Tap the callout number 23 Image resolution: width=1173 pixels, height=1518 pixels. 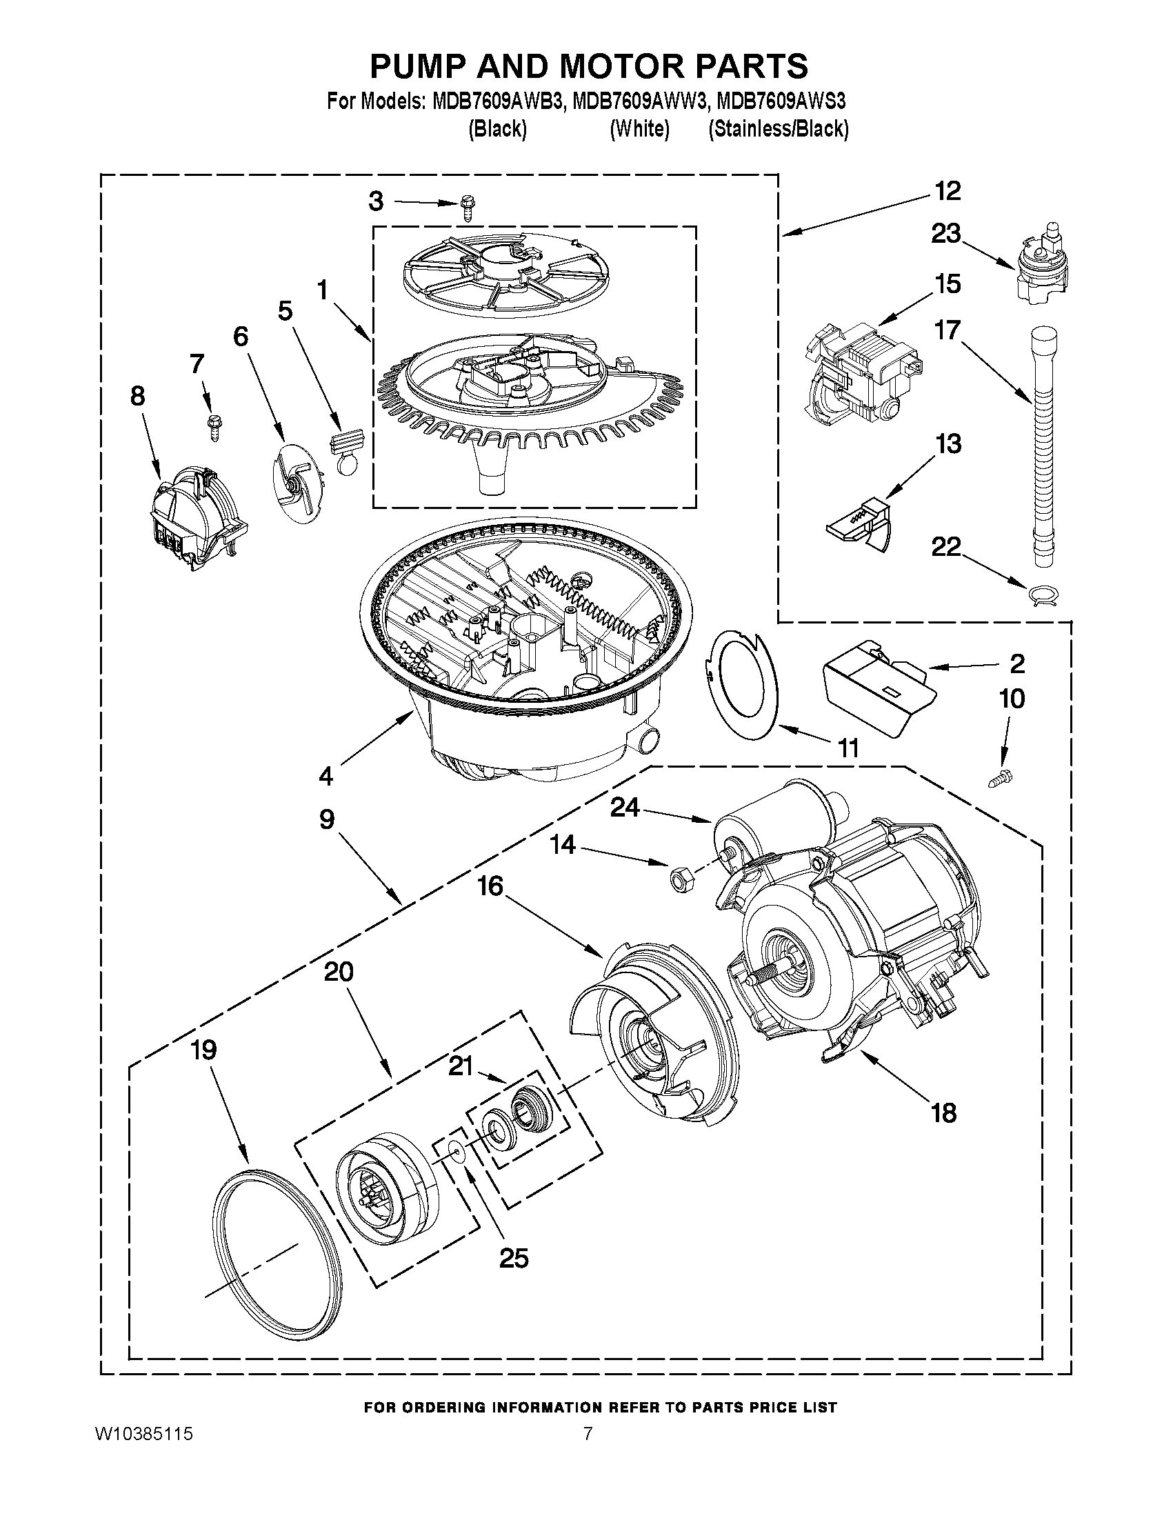click(x=946, y=234)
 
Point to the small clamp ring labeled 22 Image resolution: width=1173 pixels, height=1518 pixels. click(x=1043, y=596)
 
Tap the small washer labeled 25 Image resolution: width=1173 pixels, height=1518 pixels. click(x=456, y=1153)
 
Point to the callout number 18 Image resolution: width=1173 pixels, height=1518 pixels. click(x=943, y=1112)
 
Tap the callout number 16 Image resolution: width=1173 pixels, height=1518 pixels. click(x=490, y=886)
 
